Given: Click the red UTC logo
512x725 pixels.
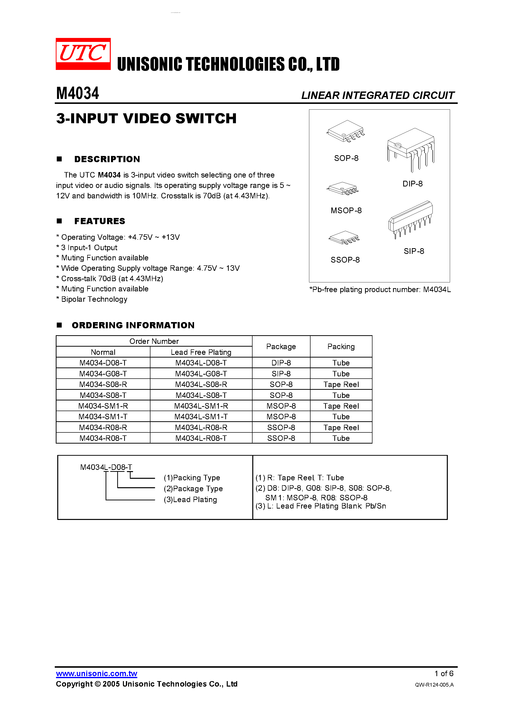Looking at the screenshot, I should (83, 54).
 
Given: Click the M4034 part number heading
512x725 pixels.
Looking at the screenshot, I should (78, 93).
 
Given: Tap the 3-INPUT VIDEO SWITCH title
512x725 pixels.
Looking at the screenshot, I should (146, 119).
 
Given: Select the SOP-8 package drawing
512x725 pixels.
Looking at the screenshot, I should (346, 131).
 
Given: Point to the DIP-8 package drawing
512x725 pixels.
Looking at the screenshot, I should (411, 149).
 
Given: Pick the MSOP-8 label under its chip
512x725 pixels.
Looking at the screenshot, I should (346, 211).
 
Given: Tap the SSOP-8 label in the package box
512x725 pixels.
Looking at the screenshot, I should (345, 260).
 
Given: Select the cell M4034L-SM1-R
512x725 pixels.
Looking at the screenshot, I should (201, 406).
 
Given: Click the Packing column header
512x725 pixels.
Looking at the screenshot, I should (341, 347).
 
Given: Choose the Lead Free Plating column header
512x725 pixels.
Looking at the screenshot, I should (201, 352).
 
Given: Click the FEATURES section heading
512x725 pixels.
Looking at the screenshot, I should (100, 221).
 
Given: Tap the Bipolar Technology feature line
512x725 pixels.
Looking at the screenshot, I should (94, 299).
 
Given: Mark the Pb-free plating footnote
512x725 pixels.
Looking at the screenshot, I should (380, 290).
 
